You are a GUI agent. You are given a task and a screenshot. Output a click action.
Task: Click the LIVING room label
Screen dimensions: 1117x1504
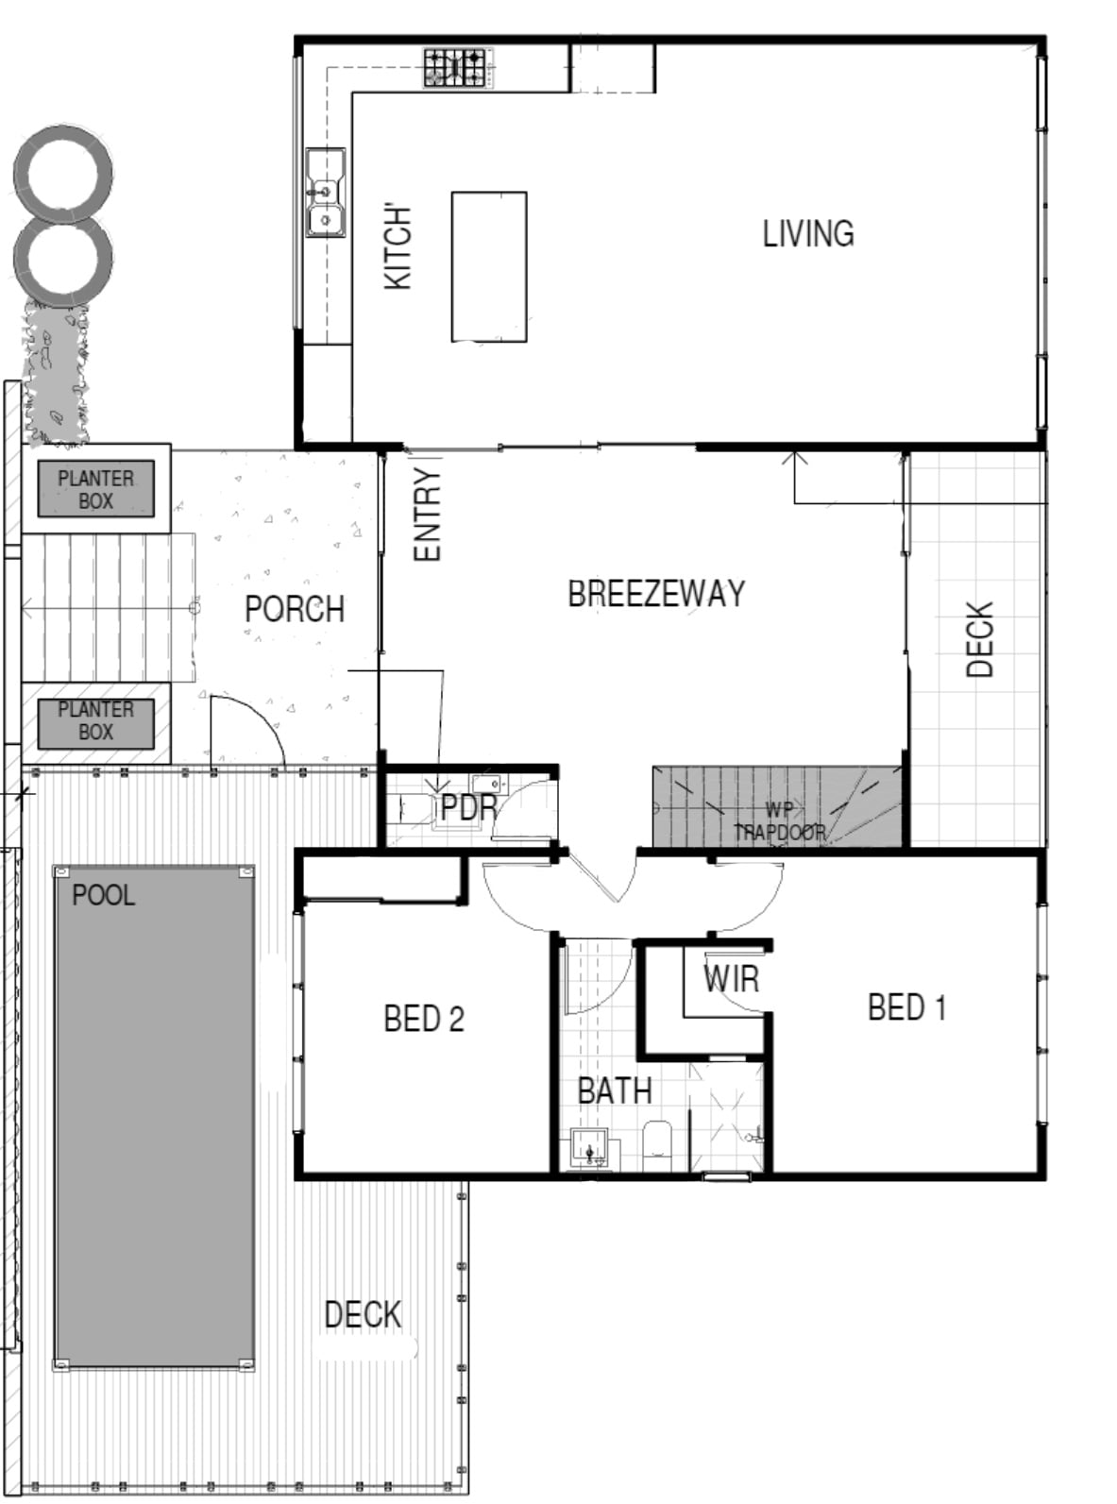[807, 233]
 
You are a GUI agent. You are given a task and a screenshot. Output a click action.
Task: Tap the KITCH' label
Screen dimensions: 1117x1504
[398, 247]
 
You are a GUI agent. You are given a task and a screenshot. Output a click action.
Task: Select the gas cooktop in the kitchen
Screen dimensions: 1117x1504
[455, 67]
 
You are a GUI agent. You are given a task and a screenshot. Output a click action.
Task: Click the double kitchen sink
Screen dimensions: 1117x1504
[326, 193]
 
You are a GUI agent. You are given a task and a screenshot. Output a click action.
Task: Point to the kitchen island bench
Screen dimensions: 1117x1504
[489, 266]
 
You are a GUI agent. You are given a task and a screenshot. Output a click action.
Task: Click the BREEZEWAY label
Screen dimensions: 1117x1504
[656, 593]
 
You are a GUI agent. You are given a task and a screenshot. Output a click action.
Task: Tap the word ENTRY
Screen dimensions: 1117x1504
[428, 515]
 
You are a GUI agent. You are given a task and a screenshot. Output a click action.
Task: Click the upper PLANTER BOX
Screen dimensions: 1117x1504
[95, 489]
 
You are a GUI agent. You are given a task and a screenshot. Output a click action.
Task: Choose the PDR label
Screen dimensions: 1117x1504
[468, 807]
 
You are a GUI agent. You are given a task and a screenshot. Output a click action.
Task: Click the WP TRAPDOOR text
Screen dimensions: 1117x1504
[780, 821]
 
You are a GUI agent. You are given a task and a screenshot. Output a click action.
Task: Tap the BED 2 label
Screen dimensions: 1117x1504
[424, 1019]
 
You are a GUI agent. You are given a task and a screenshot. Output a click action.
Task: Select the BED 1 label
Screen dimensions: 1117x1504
[906, 1007]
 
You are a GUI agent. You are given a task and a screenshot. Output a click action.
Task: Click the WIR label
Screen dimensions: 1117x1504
[731, 978]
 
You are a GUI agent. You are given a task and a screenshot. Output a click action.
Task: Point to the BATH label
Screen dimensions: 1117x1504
[615, 1090]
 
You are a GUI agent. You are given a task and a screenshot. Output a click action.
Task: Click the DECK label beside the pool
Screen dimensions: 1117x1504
[363, 1314]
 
